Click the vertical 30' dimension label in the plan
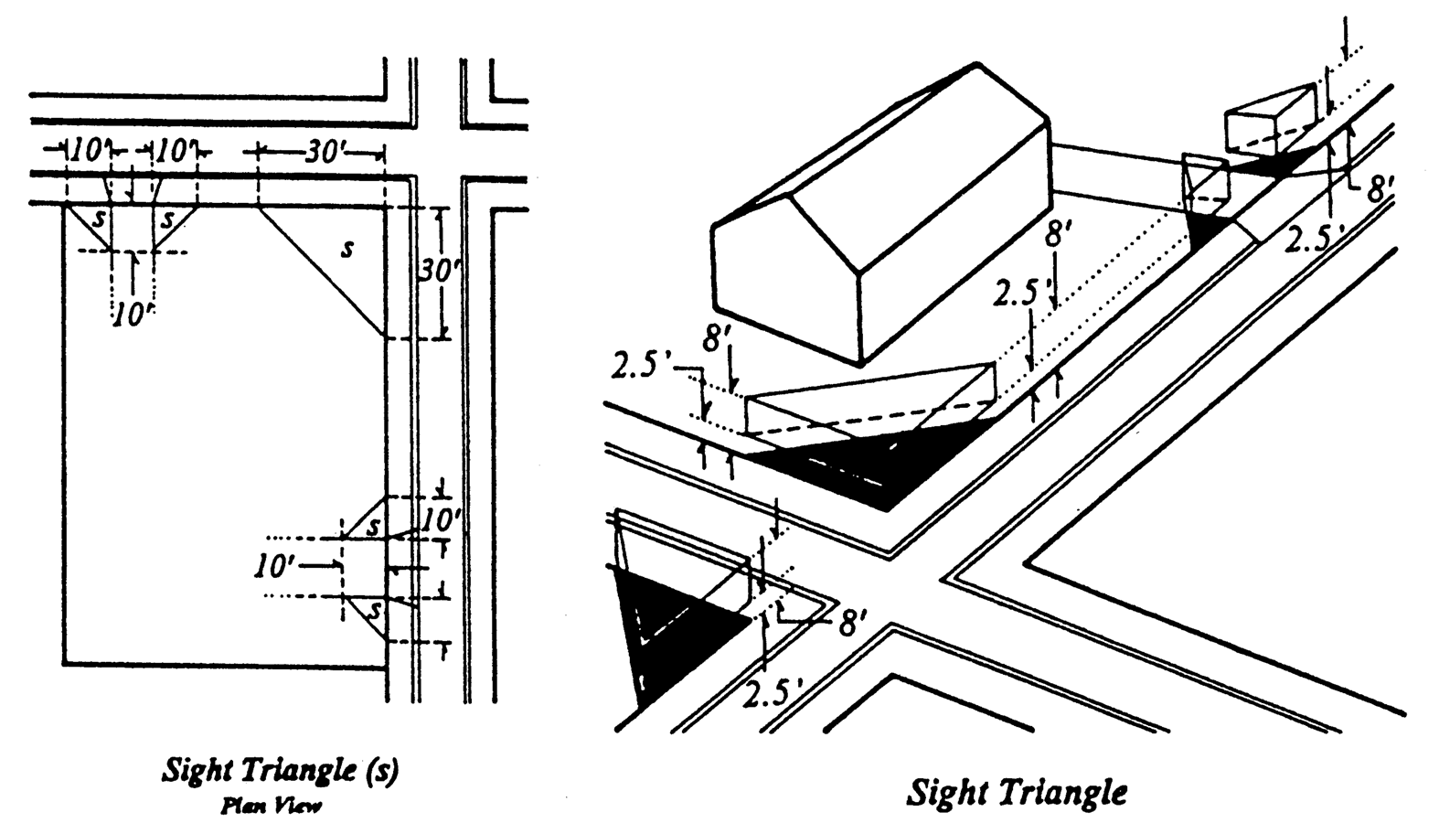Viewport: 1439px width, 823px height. click(x=437, y=273)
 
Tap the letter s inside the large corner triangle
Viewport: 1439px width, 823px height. click(x=346, y=249)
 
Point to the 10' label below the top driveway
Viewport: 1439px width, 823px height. click(x=133, y=315)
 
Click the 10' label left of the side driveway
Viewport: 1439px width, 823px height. click(x=275, y=567)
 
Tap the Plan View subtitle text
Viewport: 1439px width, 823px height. click(x=272, y=805)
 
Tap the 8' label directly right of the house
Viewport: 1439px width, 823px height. click(x=1058, y=234)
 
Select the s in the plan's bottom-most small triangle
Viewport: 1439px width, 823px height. click(x=374, y=608)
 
